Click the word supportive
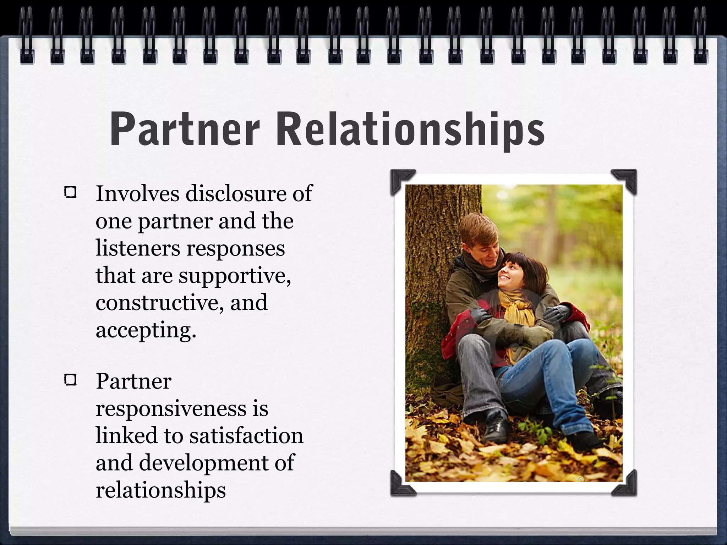coord(235,276)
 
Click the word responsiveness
coord(171,408)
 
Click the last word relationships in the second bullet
coord(160,490)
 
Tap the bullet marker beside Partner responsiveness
coord(71,381)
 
